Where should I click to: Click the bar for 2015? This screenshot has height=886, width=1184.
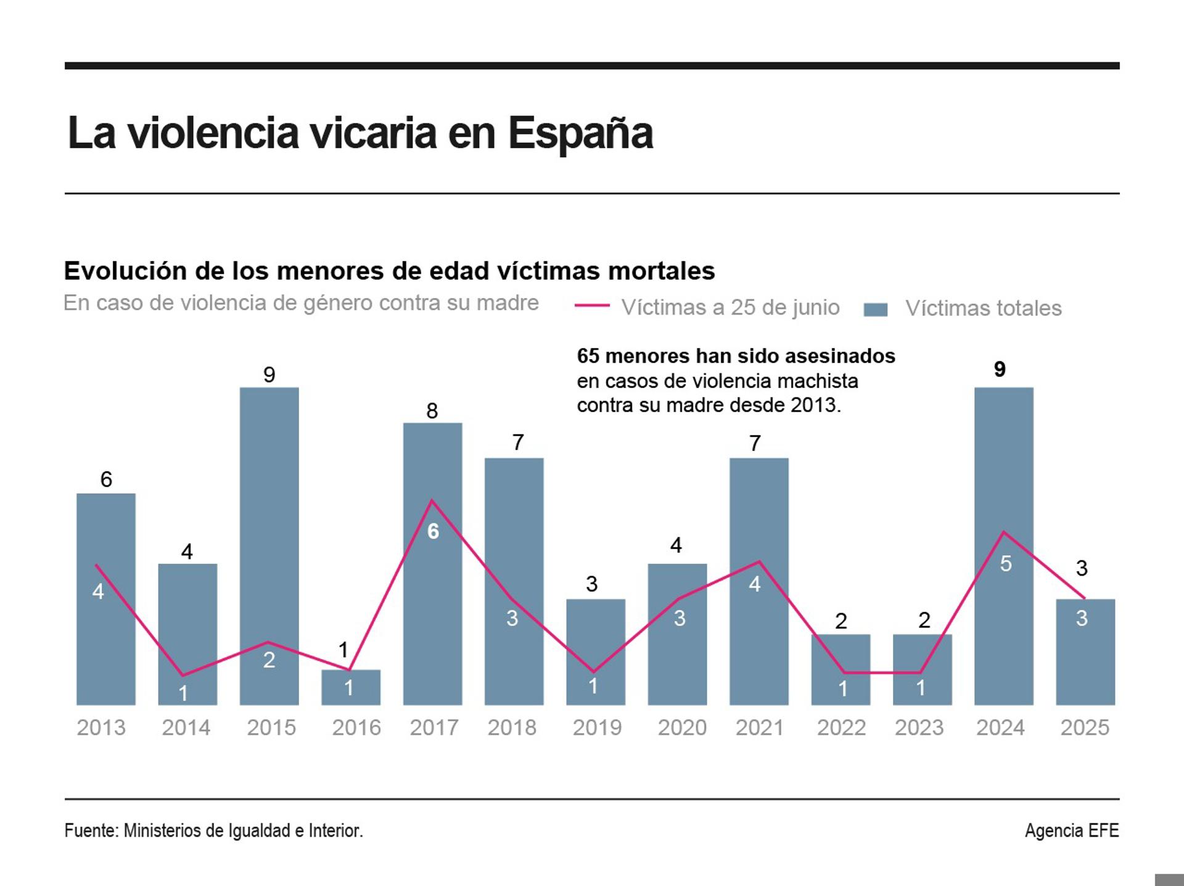(269, 546)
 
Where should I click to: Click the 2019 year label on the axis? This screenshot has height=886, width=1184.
(596, 727)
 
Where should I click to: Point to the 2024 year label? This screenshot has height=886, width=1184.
(1000, 727)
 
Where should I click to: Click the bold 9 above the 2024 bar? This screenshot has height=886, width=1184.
(1000, 369)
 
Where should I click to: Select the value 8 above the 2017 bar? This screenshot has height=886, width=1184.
(432, 411)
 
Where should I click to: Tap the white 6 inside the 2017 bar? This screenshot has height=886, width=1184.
(433, 531)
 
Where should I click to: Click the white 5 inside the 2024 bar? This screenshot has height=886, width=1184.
(1005, 563)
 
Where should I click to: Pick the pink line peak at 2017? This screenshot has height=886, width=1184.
(432, 500)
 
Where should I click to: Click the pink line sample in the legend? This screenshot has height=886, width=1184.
(591, 305)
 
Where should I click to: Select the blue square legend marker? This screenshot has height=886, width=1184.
(875, 309)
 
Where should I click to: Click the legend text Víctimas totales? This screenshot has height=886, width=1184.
(983, 308)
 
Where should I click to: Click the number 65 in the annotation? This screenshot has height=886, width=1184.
(588, 356)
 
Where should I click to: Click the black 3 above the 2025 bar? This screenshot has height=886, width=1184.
(1081, 568)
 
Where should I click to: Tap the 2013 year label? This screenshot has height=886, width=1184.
(101, 727)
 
